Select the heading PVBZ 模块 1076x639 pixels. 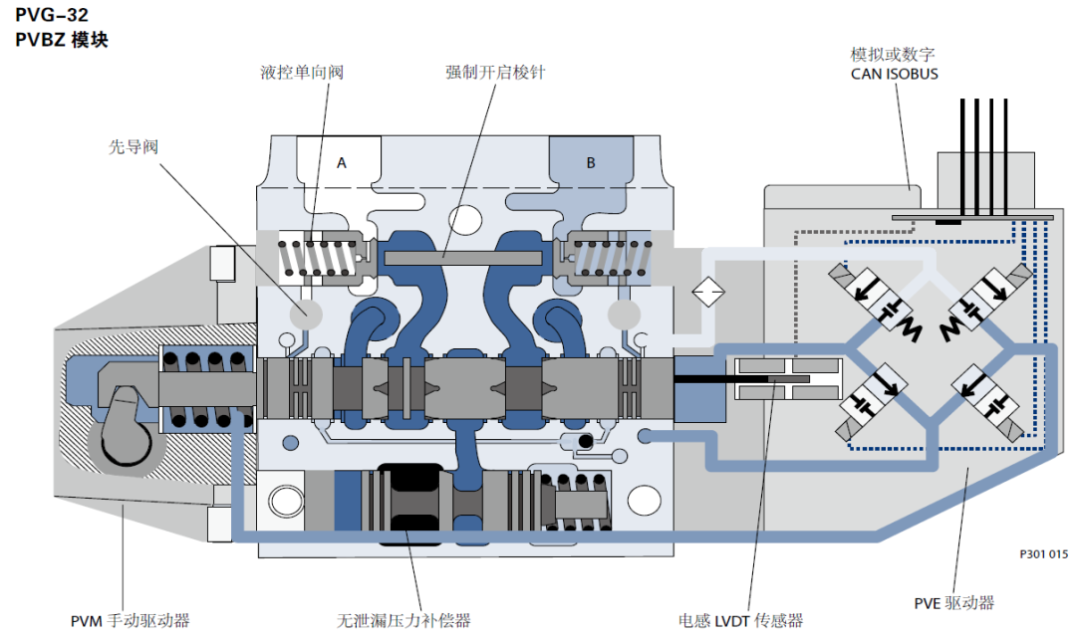pos(62,41)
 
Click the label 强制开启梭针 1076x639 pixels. pos(495,73)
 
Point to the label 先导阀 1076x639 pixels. pos(134,146)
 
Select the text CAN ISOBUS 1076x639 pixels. pos(894,74)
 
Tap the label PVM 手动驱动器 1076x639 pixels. pos(130,621)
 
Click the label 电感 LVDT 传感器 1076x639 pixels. pos(740,621)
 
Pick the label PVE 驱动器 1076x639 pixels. pos(953,602)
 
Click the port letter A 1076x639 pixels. pos(341,162)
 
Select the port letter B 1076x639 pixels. pos(590,162)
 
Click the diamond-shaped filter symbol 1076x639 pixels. pos(708,292)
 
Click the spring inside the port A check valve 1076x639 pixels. pos(316,259)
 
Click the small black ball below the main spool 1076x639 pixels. pos(586,440)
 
